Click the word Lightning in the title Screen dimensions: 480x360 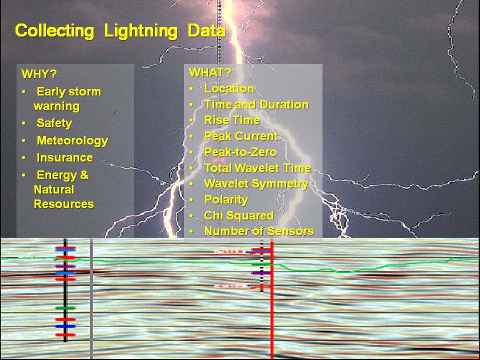pyautogui.click(x=141, y=31)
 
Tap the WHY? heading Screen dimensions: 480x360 pyautogui.click(x=39, y=74)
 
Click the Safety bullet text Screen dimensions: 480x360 pyautogui.click(x=54, y=123)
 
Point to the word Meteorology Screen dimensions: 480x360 pyautogui.click(x=72, y=140)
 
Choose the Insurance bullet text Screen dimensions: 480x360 pyautogui.click(x=64, y=157)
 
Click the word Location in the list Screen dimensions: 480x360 pyautogui.click(x=229, y=89)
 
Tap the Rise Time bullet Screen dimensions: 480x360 pyautogui.click(x=231, y=120)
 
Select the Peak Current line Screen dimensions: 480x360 pyautogui.click(x=241, y=136)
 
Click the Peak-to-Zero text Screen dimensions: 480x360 pyautogui.click(x=240, y=152)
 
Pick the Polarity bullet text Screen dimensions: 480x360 pyautogui.click(x=226, y=200)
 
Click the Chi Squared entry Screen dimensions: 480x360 pyautogui.click(x=238, y=215)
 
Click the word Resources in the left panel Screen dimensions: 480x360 pyautogui.click(x=63, y=204)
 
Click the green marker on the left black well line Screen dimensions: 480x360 pyautogui.click(x=65, y=308)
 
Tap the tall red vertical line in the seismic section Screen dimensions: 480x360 pyautogui.click(x=271, y=298)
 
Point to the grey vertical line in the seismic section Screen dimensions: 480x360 pyautogui.click(x=91, y=298)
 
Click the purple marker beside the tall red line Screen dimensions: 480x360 pyautogui.click(x=261, y=273)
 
